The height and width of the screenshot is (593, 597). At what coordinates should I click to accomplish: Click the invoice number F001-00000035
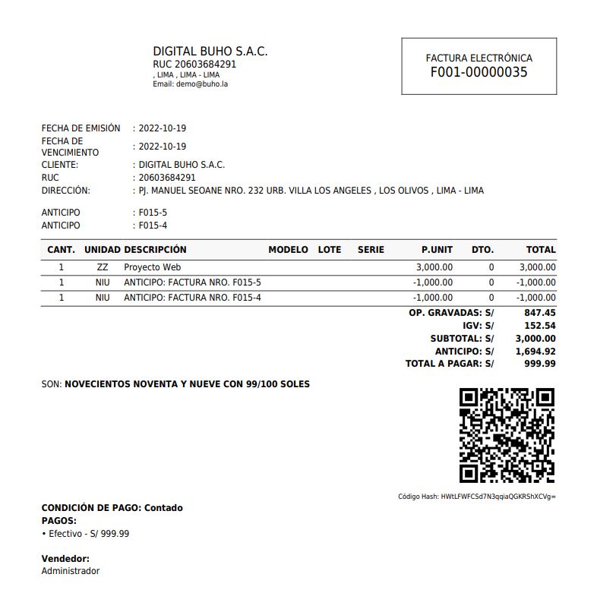479,73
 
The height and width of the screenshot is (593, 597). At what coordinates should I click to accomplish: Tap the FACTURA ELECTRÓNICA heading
479,58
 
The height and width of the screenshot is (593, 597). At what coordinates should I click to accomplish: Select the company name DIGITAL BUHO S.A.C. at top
210,52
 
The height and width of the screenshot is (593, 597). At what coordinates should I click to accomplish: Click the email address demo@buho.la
202,84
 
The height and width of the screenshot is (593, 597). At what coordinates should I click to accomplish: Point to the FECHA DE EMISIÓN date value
162,128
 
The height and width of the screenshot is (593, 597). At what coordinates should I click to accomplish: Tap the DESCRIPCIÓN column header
155,249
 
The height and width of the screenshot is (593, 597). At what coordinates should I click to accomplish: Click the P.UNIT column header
437,249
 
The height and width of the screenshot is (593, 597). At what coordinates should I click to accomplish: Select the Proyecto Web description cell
152,267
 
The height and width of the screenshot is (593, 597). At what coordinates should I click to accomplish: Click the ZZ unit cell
103,267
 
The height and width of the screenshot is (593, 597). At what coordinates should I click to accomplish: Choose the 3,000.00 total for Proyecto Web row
537,267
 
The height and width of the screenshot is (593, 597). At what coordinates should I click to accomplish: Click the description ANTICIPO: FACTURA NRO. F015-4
192,298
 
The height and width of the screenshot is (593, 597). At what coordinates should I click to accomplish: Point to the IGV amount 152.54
540,325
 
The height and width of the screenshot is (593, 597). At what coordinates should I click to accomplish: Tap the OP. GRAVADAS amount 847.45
540,312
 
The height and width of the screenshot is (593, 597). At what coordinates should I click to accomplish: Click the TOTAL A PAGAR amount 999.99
540,364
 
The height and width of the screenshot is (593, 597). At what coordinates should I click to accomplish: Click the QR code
507,436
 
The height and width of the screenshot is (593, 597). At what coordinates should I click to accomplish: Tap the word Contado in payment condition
163,508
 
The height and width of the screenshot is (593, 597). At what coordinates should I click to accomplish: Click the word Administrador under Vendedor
70,571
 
